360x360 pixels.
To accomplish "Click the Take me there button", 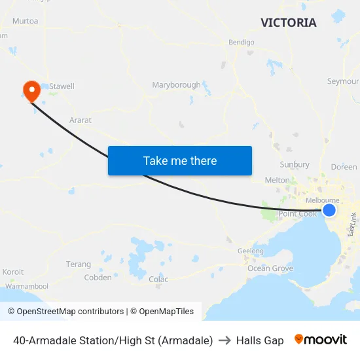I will tap(180, 160).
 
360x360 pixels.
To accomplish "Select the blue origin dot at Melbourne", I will tap(329, 209).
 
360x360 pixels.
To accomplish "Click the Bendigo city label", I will tap(241, 43).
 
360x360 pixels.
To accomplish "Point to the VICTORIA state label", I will tap(288, 23).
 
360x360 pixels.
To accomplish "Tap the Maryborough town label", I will tap(176, 85).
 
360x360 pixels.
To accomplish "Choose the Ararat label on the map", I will tap(81, 120).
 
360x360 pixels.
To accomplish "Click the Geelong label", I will tap(250, 251).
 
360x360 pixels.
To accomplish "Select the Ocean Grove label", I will tap(270, 268).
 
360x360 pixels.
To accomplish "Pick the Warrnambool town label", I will tap(27, 287).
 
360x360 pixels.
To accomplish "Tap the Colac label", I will tap(158, 279).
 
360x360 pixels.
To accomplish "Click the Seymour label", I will tap(342, 81).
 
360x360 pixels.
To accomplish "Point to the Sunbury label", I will tap(294, 165).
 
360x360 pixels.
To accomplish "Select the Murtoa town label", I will tap(25, 21).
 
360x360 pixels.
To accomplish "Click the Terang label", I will tap(79, 264).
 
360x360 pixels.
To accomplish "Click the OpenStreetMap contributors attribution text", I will tap(65, 312).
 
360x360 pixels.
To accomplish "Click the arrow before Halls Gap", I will tap(225, 340).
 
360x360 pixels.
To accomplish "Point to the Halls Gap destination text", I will tap(260, 340).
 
